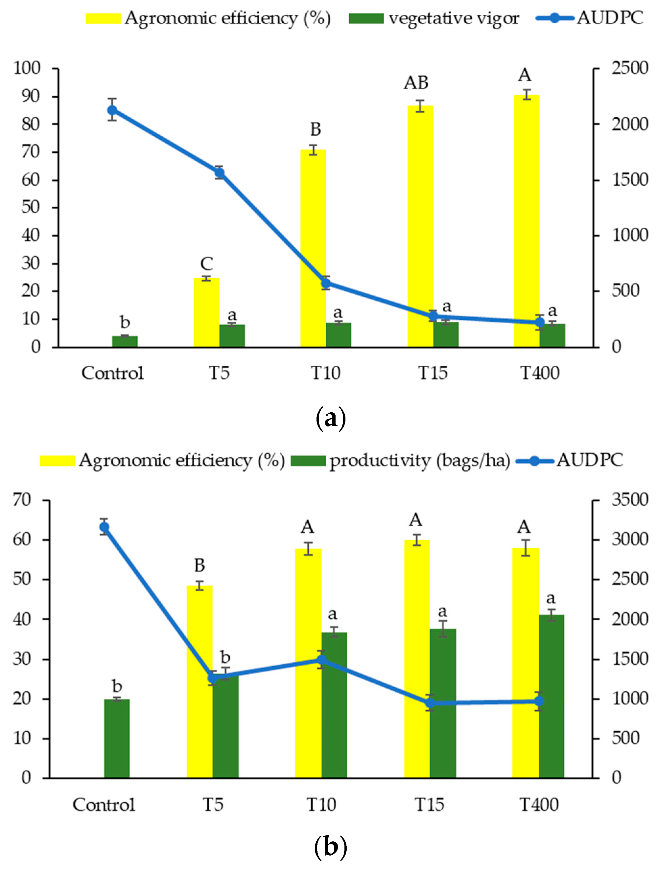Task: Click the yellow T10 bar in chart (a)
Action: click(313, 247)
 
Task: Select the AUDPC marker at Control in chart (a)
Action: click(112, 110)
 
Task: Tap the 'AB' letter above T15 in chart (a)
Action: click(416, 83)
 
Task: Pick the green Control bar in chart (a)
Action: click(125, 341)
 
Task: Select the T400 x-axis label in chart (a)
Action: click(540, 373)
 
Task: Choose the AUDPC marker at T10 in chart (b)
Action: click(322, 660)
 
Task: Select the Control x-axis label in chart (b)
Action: click(104, 805)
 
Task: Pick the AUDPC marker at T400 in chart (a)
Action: click(540, 323)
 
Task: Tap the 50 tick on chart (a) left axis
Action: click(30, 207)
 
